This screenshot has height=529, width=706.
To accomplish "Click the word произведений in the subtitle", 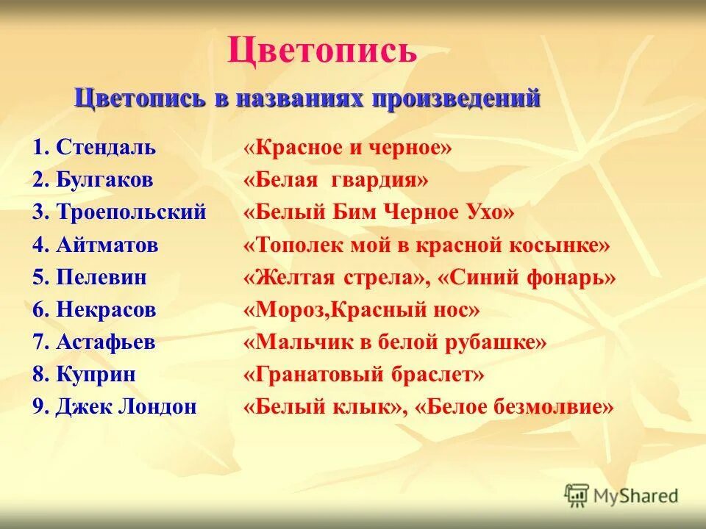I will point(457,98).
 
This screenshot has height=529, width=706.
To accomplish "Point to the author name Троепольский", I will point(130,212).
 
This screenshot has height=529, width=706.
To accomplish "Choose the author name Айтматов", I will point(107,245).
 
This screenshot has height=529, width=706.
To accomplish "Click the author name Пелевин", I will point(101,277).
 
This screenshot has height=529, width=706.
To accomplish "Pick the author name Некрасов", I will point(106,309).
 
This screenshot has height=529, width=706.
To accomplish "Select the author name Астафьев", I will point(105,342).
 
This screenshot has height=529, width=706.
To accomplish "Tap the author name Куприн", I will point(96,375).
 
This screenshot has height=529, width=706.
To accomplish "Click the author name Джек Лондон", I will point(126,407).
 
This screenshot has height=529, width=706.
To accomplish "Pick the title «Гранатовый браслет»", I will point(363,375).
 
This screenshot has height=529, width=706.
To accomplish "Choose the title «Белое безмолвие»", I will point(514,407).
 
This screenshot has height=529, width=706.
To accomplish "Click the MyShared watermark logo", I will point(621,495).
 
